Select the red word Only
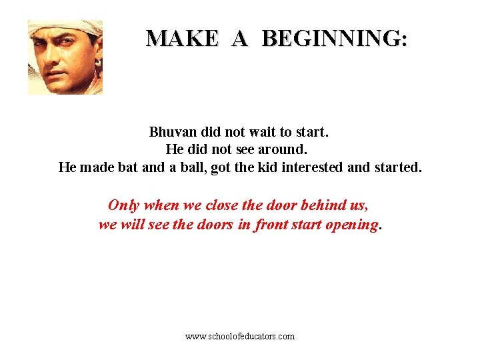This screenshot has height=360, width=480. point(124,205)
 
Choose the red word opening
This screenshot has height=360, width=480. point(351,225)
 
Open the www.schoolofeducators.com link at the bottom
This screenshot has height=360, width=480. point(240,337)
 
